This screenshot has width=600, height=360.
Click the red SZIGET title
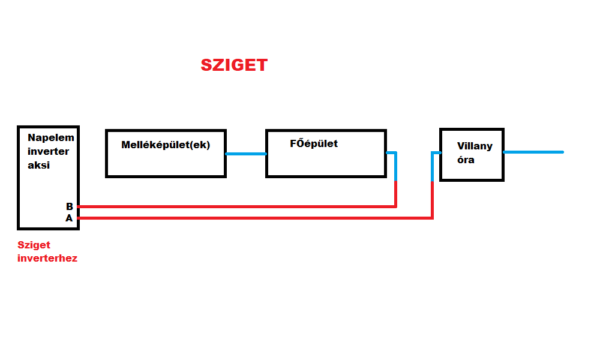(x=234, y=65)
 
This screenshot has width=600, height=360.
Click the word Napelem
(x=51, y=138)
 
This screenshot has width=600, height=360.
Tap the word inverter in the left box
(x=48, y=151)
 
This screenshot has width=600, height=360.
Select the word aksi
(x=38, y=165)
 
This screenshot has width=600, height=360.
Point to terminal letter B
(x=70, y=206)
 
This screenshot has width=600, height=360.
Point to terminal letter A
(x=69, y=218)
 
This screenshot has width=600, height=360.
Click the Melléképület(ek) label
(x=166, y=145)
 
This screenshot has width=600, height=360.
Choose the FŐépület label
(x=313, y=143)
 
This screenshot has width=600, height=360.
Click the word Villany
(x=475, y=146)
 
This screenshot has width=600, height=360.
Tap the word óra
(x=466, y=160)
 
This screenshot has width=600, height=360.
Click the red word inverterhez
(x=47, y=259)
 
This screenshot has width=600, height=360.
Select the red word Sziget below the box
(x=34, y=245)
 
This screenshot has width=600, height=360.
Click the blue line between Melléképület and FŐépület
(x=246, y=154)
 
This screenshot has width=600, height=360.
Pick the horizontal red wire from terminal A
(x=252, y=218)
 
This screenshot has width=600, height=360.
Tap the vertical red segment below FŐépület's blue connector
(x=396, y=194)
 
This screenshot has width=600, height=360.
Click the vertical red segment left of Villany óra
(x=432, y=200)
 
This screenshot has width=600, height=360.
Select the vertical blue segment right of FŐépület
(x=396, y=167)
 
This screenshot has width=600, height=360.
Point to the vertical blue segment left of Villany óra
(x=432, y=167)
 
